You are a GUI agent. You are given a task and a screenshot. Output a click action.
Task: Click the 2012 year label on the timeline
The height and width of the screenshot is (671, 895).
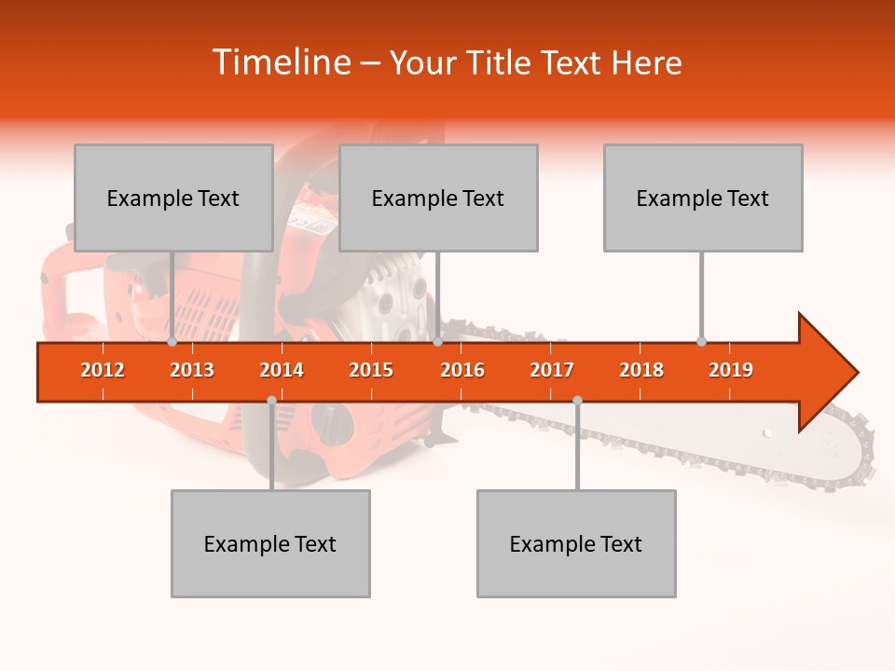pyautogui.click(x=103, y=370)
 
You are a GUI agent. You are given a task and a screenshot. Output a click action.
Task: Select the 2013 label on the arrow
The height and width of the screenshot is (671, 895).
pyautogui.click(x=192, y=370)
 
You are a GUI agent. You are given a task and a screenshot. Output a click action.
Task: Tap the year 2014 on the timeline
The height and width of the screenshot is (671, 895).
pyautogui.click(x=282, y=370)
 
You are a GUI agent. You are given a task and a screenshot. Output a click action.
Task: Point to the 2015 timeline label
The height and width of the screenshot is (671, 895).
pyautogui.click(x=371, y=370)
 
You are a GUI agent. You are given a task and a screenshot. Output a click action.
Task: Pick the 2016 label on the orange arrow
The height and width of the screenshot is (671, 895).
pyautogui.click(x=462, y=370)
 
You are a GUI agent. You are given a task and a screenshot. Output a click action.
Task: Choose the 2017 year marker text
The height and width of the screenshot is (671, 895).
pyautogui.click(x=552, y=370)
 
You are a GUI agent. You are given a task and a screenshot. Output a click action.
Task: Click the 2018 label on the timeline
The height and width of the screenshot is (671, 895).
pyautogui.click(x=641, y=370)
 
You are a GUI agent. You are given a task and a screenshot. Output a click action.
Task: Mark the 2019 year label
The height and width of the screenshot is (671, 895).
pyautogui.click(x=731, y=370)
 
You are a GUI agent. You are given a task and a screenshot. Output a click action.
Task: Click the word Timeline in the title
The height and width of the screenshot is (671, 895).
pyautogui.click(x=280, y=62)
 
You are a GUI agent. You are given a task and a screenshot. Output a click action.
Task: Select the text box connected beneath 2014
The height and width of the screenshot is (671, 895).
pyautogui.click(x=270, y=543)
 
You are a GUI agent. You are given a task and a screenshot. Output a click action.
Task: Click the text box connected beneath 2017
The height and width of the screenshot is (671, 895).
pyautogui.click(x=576, y=543)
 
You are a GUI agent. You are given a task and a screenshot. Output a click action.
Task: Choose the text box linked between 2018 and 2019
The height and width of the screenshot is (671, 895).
pyautogui.click(x=703, y=198)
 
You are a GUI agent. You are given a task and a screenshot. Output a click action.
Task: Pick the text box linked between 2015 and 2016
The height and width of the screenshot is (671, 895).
pyautogui.click(x=438, y=198)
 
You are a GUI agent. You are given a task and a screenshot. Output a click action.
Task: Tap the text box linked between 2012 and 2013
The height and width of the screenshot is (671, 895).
pyautogui.click(x=173, y=198)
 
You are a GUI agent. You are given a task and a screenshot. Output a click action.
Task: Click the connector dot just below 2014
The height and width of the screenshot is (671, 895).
pyautogui.click(x=271, y=400)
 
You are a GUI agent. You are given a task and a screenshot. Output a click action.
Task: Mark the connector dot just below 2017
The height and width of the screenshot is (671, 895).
pyautogui.click(x=577, y=400)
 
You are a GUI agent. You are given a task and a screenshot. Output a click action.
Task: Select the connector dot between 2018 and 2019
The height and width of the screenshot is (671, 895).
pyautogui.click(x=701, y=342)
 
